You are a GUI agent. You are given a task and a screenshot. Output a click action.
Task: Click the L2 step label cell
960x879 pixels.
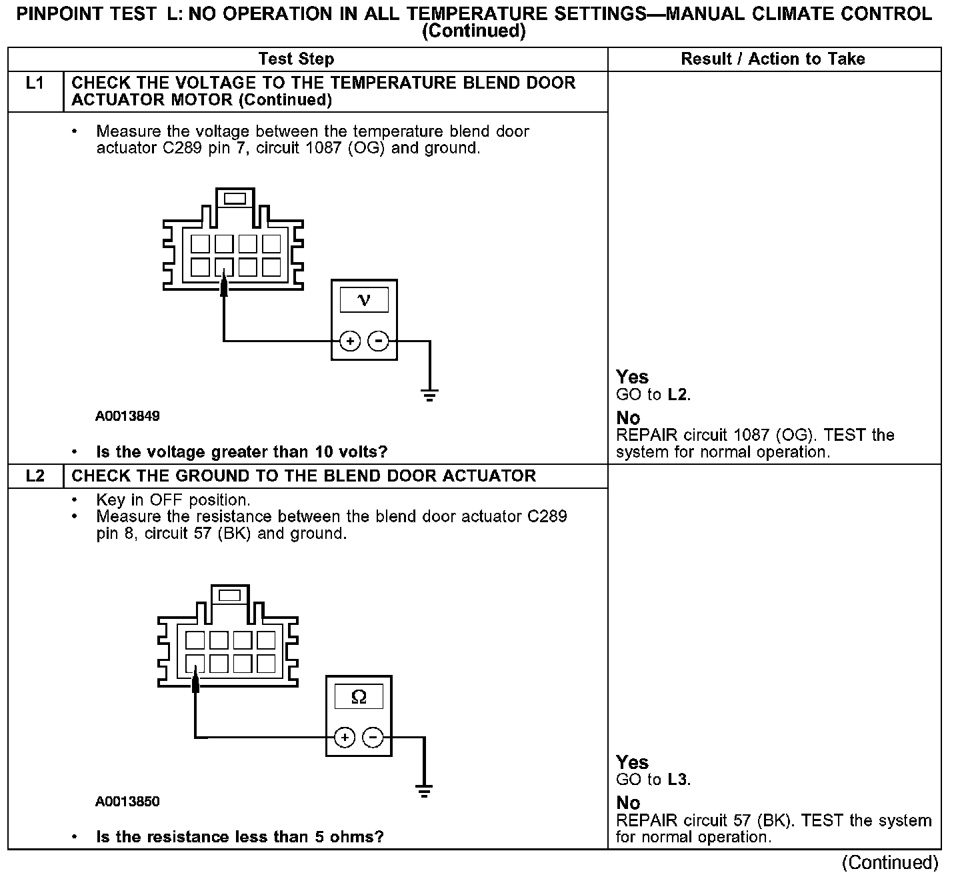(x=35, y=476)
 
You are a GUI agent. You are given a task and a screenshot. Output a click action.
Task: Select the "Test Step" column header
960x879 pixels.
(x=296, y=59)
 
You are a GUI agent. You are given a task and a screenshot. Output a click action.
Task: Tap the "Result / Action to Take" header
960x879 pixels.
(x=773, y=59)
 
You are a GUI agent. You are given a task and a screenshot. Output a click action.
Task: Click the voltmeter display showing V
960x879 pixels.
(x=364, y=299)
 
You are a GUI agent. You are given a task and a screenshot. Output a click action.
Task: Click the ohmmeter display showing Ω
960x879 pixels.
(x=359, y=697)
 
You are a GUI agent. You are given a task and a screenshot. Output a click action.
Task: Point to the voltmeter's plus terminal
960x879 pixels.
(x=350, y=341)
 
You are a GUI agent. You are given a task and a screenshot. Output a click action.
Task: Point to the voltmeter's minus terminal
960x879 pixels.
(x=378, y=341)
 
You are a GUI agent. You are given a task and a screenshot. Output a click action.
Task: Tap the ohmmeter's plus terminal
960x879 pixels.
(x=345, y=738)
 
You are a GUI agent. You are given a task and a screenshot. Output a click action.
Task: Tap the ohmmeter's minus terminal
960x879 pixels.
(x=373, y=738)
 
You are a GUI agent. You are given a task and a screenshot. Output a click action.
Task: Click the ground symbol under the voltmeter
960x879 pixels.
(x=430, y=395)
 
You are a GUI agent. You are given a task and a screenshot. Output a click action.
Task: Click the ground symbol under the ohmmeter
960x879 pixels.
(x=424, y=792)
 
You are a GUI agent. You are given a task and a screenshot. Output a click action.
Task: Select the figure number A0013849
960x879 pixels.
(x=127, y=416)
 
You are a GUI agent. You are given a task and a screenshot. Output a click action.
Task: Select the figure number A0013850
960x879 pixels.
(x=127, y=802)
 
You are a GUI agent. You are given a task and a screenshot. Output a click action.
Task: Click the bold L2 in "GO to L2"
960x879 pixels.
(x=677, y=395)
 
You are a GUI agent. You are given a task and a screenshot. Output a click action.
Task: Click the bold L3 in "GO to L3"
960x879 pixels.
(x=677, y=780)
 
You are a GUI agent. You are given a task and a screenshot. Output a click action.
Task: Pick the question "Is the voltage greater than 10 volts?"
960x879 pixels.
(x=241, y=452)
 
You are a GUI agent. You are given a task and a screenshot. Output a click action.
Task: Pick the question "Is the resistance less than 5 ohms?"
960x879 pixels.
(x=240, y=837)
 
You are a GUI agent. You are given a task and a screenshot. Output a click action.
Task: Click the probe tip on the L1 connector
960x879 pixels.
(x=224, y=282)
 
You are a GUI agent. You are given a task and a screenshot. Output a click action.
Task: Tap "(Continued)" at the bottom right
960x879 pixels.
(x=890, y=863)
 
